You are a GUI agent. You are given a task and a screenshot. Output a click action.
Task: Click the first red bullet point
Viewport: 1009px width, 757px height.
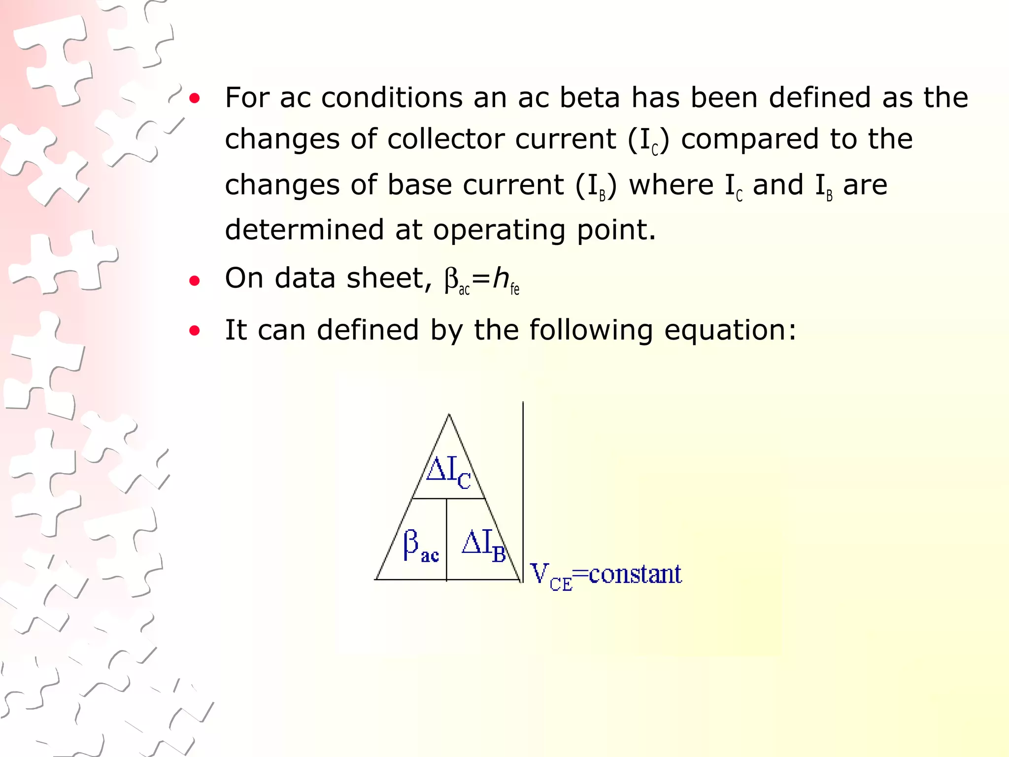[195, 98]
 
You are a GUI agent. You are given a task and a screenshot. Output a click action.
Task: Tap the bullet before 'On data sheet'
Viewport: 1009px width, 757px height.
[195, 281]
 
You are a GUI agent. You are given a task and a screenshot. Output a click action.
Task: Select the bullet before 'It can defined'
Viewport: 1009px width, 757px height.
[195, 331]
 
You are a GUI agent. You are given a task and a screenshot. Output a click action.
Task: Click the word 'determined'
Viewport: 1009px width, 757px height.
[304, 229]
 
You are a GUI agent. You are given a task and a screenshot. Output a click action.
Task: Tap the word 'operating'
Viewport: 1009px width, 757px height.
[499, 230]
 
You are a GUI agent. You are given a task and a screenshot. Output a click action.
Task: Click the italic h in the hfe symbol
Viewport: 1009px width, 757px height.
[501, 278]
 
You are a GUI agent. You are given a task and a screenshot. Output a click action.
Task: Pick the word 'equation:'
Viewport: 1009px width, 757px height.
[730, 330]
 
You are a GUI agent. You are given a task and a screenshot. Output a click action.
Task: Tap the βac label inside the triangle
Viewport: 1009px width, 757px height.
[420, 546]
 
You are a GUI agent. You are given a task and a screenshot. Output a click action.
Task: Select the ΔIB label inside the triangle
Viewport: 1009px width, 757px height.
[484, 546]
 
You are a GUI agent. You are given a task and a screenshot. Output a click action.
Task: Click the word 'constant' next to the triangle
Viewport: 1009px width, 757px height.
[635, 574]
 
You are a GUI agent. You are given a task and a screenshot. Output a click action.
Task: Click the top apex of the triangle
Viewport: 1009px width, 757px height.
[449, 415]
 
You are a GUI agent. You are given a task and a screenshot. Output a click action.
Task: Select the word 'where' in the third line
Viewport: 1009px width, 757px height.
[671, 185]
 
